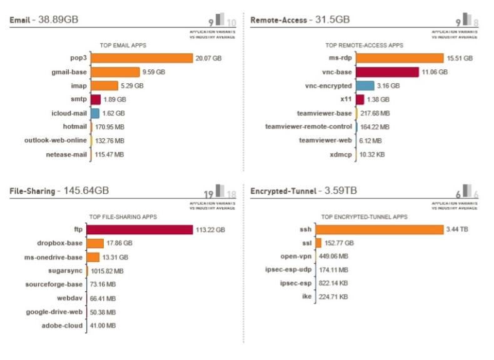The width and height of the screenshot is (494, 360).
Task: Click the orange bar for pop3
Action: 141,58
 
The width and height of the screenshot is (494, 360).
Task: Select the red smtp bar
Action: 96,99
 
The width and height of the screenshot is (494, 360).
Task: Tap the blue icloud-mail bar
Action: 95,113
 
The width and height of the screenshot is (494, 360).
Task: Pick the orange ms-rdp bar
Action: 400,58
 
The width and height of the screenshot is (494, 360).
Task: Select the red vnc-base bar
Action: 388,72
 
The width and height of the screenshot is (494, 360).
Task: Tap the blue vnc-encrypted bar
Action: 366,86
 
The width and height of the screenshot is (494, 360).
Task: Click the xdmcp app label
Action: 338,154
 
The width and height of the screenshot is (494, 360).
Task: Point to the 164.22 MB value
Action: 375,127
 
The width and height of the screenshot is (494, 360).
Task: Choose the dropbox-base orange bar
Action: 96,243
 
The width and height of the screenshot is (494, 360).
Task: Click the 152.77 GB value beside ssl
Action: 339,243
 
